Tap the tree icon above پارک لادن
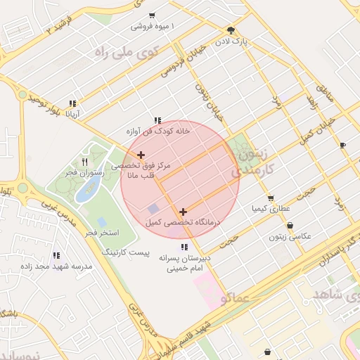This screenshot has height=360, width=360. point(231,30)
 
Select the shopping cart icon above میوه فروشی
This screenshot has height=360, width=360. point(152,15)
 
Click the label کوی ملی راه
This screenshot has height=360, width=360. point(127,53)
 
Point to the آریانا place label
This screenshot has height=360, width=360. point(73,113)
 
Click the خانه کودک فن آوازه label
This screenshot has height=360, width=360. point(159,131)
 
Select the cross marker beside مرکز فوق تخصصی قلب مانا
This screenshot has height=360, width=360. point(141,155)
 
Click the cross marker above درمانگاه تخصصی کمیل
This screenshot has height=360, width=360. point(184,211)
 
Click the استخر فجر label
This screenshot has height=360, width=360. point(103,232)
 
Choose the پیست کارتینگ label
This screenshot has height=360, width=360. point(127,250)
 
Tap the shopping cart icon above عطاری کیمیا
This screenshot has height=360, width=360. point(271,198)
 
